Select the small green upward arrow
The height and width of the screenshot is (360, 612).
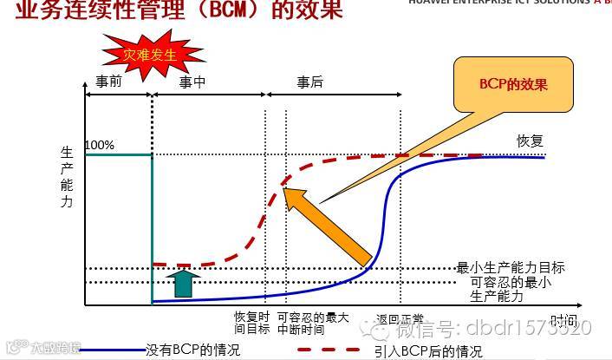tap(182, 283)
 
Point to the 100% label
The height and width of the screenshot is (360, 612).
tap(100, 145)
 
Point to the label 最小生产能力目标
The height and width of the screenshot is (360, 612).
tap(511, 268)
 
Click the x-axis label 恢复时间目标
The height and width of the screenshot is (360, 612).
tap(252, 324)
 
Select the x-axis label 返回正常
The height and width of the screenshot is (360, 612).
tap(400, 318)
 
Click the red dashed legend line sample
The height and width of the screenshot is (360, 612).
tap(330, 350)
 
